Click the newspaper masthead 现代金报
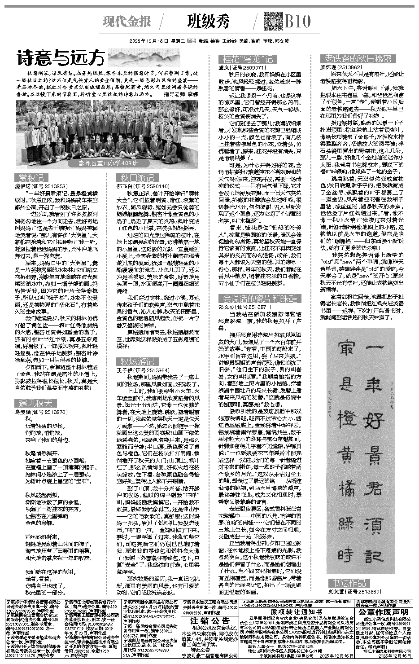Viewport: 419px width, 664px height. point(127,21)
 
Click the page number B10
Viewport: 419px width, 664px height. point(297,21)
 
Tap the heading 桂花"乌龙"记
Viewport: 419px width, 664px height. point(245,59)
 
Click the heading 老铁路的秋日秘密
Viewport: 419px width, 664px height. point(358,59)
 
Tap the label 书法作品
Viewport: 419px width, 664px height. point(350,582)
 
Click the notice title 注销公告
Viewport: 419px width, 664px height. point(210,620)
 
